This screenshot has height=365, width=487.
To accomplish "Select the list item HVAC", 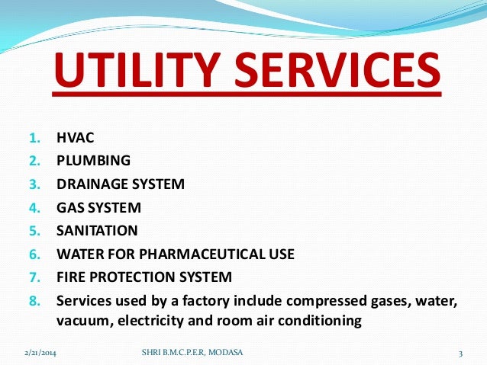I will click(x=73, y=139).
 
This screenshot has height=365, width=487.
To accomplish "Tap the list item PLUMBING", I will click(x=93, y=161).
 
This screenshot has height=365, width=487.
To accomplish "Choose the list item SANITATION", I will click(x=97, y=230).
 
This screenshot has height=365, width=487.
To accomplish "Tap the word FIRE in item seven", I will click(x=72, y=276).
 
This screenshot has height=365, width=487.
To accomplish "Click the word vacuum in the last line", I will click(x=83, y=321).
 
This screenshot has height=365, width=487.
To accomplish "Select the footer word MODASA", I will click(x=225, y=352).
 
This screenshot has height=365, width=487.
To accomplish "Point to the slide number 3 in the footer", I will click(x=461, y=352).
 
